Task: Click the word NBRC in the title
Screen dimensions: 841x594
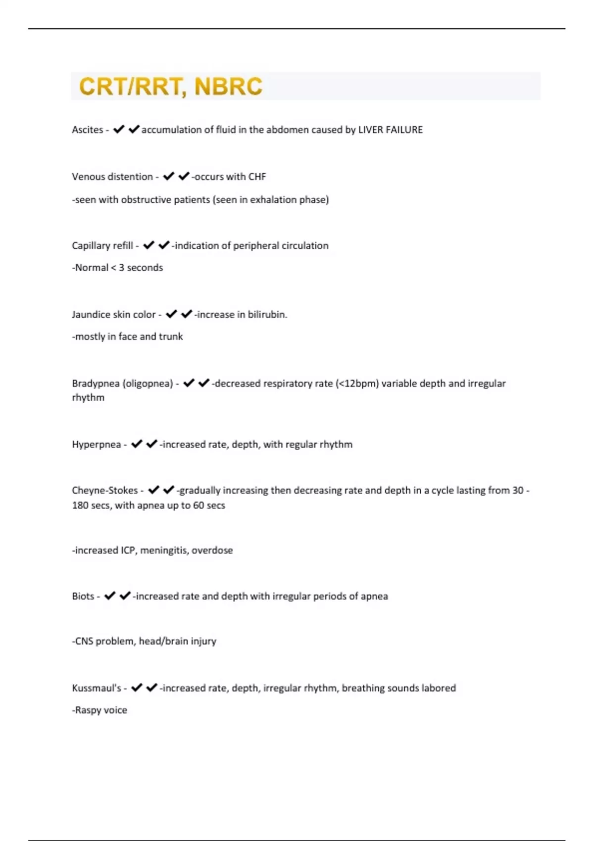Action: tap(228, 87)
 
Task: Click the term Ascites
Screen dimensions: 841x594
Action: tap(87, 130)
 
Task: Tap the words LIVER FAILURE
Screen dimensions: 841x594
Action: tap(391, 130)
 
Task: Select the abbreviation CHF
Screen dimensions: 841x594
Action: tap(257, 177)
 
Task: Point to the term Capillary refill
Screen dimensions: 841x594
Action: tap(102, 246)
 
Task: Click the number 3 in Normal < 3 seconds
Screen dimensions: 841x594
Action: tap(121, 268)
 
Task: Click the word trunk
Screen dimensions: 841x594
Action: tap(171, 336)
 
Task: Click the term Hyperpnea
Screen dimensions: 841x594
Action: tap(96, 445)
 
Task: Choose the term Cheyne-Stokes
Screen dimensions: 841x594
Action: tap(105, 490)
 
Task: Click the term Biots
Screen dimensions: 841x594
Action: tap(83, 596)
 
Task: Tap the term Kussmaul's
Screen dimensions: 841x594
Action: tap(97, 688)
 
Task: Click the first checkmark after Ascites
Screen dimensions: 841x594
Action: tap(119, 130)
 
